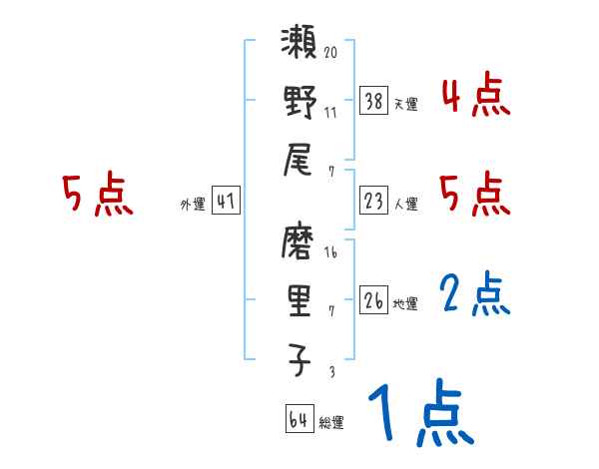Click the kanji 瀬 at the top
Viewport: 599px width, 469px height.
(x=299, y=45)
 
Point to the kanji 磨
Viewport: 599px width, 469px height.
(x=299, y=241)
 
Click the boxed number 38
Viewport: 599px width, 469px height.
(x=373, y=100)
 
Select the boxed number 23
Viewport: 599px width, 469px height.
(x=373, y=201)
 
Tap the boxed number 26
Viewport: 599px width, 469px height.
(x=373, y=298)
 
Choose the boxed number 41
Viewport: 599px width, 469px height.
(x=226, y=201)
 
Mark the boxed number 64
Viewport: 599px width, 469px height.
(x=298, y=419)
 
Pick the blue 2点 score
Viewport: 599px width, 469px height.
(x=475, y=294)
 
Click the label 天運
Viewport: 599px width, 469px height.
(x=406, y=104)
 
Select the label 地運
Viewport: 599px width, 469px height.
(x=406, y=303)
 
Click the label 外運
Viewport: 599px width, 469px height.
(x=192, y=205)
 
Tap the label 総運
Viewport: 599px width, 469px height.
(x=331, y=423)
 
